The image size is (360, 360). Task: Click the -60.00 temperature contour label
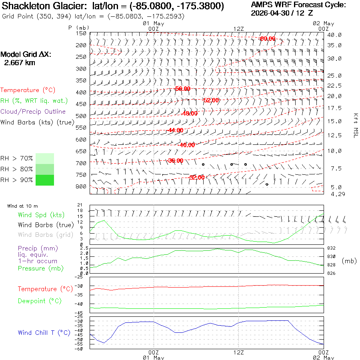click(267, 38)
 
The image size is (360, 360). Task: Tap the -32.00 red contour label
click(197, 177)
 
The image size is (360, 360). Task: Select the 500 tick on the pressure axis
click(81, 116)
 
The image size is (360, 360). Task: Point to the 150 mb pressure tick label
click(81, 33)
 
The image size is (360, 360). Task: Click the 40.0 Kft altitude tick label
click(334, 35)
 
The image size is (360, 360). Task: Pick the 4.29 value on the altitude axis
click(338, 194)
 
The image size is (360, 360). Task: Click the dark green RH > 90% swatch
click(45, 180)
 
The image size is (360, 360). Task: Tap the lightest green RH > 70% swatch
click(45, 158)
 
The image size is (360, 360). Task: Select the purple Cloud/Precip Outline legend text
click(33, 112)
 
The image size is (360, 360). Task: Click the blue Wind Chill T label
click(44, 333)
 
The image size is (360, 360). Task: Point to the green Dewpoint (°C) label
click(40, 301)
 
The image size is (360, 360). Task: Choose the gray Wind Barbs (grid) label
click(46, 235)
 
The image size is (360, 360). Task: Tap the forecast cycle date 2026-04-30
click(270, 13)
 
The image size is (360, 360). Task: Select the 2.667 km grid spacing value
click(20, 63)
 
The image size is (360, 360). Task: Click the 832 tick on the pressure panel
click(331, 248)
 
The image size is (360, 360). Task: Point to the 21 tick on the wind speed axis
click(80, 205)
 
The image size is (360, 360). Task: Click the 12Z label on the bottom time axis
click(238, 352)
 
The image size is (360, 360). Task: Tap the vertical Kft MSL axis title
click(356, 126)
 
